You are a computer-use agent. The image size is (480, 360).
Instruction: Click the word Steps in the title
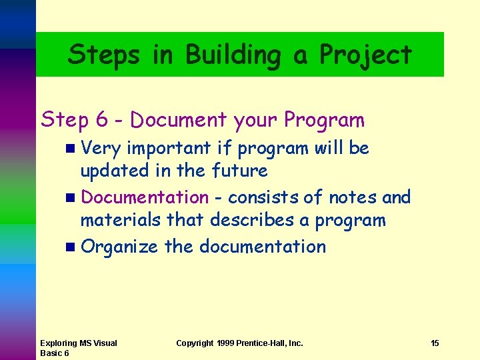coord(104,55)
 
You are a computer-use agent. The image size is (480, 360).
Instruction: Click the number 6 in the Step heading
coord(102,120)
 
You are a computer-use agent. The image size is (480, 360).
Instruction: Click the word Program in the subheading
coord(324,120)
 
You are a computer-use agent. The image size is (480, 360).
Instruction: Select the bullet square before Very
coord(71,149)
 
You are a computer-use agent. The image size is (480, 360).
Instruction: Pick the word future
coord(239,171)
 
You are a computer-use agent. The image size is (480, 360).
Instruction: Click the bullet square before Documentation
coord(71,198)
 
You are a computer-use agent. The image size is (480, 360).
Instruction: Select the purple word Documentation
coord(145,197)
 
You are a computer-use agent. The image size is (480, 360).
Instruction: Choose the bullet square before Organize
coord(71,247)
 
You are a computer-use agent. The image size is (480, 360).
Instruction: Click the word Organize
coord(119,247)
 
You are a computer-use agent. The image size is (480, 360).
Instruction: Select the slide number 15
coord(435,343)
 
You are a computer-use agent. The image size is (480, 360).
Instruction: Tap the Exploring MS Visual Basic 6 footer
coord(79,348)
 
